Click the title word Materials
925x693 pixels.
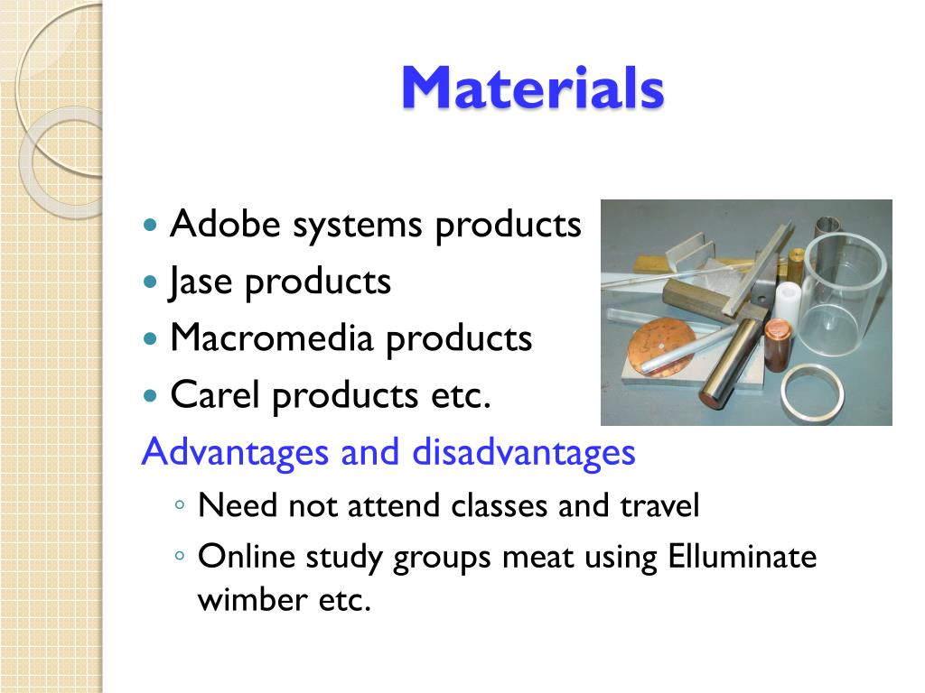coord(533,88)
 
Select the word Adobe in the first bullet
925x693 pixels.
coord(225,224)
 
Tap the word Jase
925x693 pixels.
coord(200,282)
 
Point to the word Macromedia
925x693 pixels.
coord(272,337)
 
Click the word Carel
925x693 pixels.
coord(215,394)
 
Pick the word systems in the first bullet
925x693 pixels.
coord(358,226)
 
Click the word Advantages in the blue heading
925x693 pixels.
coord(235,453)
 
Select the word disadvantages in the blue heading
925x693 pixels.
coord(524,452)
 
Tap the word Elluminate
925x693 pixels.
coord(743,556)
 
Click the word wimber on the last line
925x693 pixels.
coord(252,599)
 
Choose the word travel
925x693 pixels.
coord(659,505)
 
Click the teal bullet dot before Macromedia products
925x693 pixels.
coord(151,339)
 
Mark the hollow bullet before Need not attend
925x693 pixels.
coord(180,505)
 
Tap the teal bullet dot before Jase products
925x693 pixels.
coord(151,282)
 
